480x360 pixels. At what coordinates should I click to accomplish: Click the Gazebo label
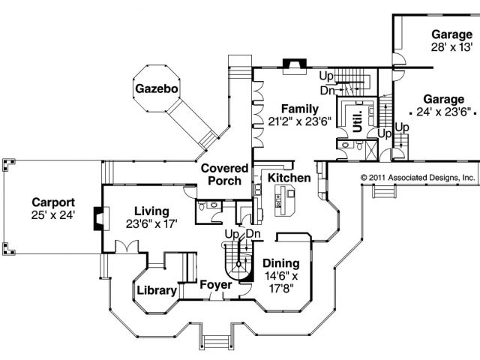point(156,89)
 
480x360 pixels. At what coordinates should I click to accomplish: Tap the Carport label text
point(52,202)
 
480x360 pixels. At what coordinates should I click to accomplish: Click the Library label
point(157,290)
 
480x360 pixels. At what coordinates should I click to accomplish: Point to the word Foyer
point(215,285)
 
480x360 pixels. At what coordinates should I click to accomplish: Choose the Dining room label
point(281,263)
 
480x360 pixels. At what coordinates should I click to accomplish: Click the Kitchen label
point(289,178)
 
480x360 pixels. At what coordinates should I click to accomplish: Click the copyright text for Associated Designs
point(418,178)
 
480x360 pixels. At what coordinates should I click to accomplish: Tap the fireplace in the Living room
point(97,218)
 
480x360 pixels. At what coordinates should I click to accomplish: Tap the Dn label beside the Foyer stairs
point(253,235)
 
